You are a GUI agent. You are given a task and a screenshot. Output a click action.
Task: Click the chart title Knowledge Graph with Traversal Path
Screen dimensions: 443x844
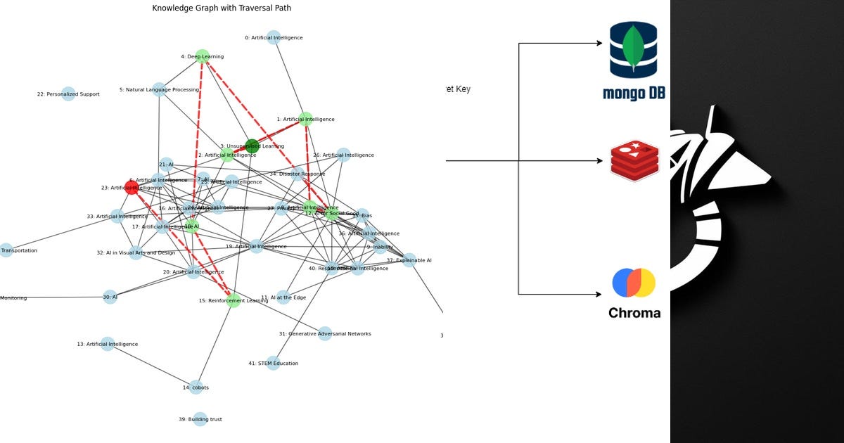pos(222,8)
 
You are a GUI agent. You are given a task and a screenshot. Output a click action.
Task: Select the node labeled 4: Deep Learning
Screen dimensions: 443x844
pos(203,56)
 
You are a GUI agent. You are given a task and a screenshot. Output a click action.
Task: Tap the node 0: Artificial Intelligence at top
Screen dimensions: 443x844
pos(274,38)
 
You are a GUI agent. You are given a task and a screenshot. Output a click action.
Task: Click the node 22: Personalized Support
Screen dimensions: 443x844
pos(68,94)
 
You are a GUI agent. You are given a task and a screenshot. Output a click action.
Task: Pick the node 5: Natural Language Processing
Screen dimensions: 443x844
pos(160,90)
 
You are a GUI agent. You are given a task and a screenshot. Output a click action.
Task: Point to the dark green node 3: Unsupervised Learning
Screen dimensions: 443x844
pos(252,146)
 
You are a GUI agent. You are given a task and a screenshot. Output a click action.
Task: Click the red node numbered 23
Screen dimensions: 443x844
pos(132,187)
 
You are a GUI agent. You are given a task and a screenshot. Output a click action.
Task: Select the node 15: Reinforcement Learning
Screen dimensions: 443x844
pos(234,300)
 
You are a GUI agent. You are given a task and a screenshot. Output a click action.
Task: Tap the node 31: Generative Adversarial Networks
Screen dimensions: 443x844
pos(324,334)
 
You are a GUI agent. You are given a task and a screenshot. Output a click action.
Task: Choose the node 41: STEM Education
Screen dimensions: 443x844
pos(273,364)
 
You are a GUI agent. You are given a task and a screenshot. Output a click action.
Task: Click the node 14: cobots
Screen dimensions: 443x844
pos(196,387)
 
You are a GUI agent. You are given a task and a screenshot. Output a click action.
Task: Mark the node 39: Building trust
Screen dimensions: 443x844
pos(200,420)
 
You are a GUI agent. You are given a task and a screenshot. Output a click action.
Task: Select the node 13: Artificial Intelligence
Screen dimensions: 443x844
pos(107,344)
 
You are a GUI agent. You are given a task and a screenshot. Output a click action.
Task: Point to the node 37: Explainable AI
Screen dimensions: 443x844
pos(409,260)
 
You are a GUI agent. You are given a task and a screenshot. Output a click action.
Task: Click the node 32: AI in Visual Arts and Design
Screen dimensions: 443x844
pos(136,252)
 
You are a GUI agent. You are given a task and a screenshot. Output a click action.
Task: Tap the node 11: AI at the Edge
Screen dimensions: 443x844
pos(283,297)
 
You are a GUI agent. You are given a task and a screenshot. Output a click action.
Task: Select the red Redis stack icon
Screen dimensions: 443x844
pos(634,160)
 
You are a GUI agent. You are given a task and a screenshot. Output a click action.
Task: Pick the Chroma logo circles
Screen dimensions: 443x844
pos(634,283)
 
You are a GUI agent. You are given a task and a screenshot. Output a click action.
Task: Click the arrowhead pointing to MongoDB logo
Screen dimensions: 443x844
pos(599,44)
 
